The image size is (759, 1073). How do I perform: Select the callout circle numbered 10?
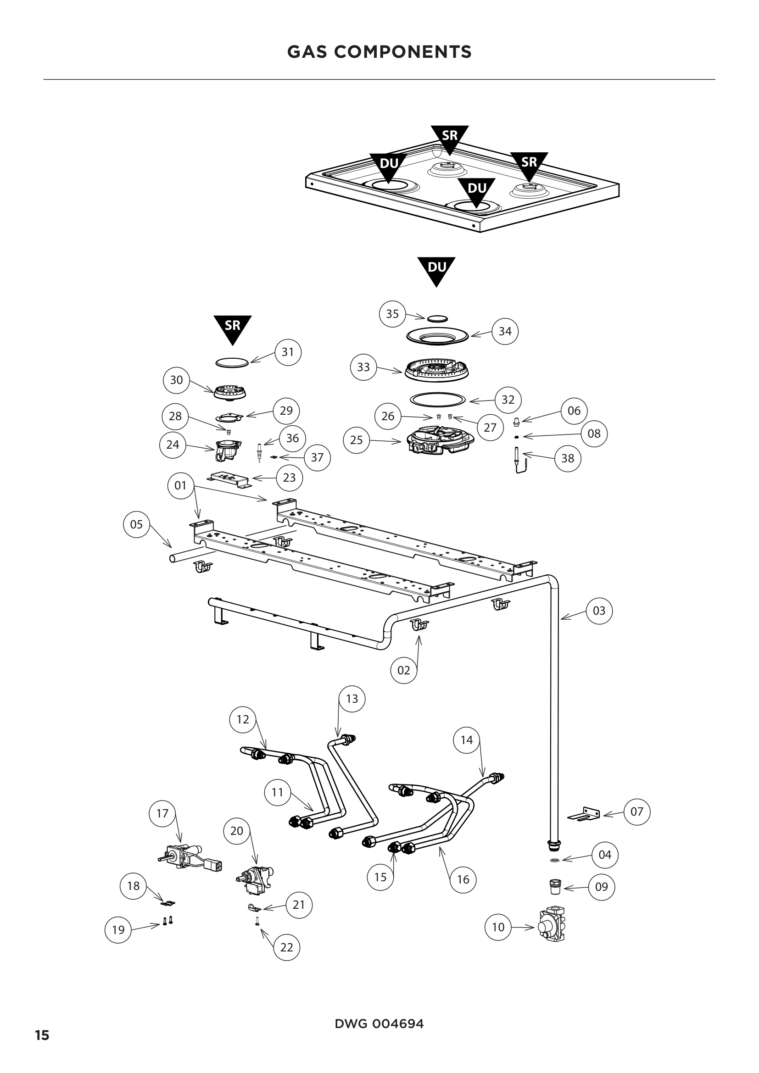[x=498, y=927]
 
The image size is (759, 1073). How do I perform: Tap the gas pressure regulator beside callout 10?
[x=552, y=924]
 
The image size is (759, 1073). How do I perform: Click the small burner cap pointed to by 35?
[x=437, y=318]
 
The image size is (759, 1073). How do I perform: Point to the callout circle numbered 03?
[x=599, y=610]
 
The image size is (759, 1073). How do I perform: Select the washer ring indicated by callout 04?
[x=555, y=860]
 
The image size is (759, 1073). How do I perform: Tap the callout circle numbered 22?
[x=286, y=947]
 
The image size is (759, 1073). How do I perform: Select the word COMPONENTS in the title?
[x=402, y=52]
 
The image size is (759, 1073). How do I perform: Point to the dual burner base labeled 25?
[x=439, y=442]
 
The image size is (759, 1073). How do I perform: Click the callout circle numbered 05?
[x=136, y=524]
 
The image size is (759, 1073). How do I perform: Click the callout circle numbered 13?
[x=352, y=699]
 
